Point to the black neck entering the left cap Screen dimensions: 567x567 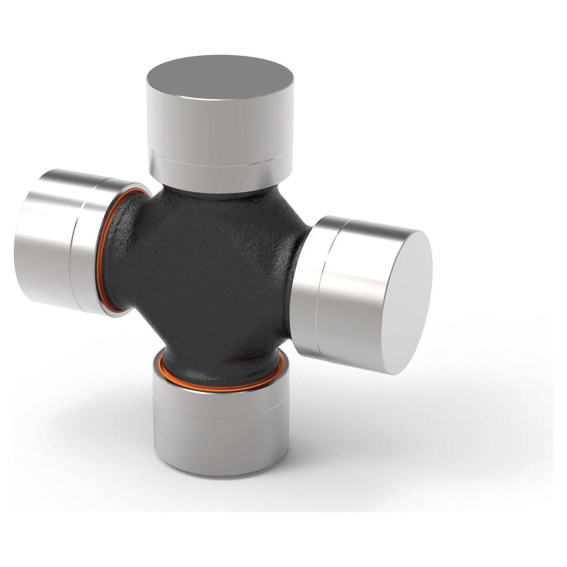click(123, 251)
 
